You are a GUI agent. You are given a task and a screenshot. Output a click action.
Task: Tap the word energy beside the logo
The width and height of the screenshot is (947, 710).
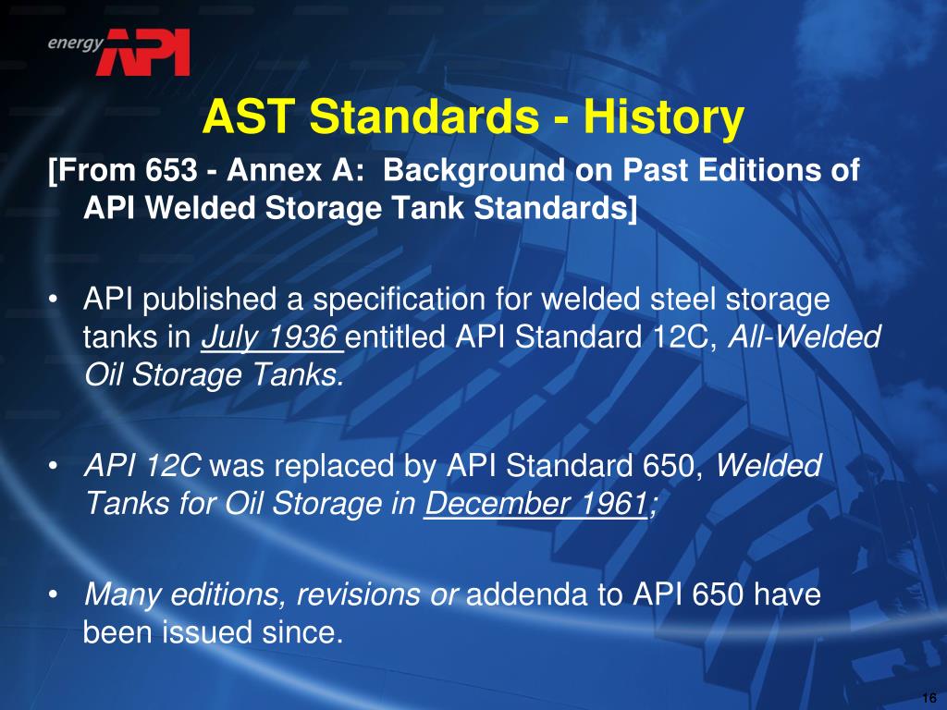pyautogui.click(x=76, y=44)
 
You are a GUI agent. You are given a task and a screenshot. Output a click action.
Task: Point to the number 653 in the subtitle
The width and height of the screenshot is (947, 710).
pyautogui.click(x=171, y=170)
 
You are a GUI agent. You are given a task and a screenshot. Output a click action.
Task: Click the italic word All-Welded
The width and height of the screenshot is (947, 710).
pyautogui.click(x=805, y=337)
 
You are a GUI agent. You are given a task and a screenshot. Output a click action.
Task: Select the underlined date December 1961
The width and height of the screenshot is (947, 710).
pyautogui.click(x=536, y=504)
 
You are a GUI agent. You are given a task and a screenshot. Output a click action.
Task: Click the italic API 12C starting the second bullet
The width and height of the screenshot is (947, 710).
pyautogui.click(x=142, y=466)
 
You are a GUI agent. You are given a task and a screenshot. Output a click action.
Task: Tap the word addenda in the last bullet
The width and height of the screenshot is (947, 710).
pyautogui.click(x=526, y=594)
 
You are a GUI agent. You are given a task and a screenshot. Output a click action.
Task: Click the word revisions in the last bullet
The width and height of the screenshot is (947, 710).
pyautogui.click(x=359, y=594)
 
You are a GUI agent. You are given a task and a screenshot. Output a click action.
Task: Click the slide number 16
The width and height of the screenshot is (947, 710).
pyautogui.click(x=929, y=698)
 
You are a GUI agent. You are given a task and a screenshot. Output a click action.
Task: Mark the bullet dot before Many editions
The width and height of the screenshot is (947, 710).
pyautogui.click(x=53, y=595)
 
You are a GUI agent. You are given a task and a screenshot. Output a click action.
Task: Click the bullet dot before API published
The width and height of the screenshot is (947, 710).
pyautogui.click(x=53, y=300)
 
